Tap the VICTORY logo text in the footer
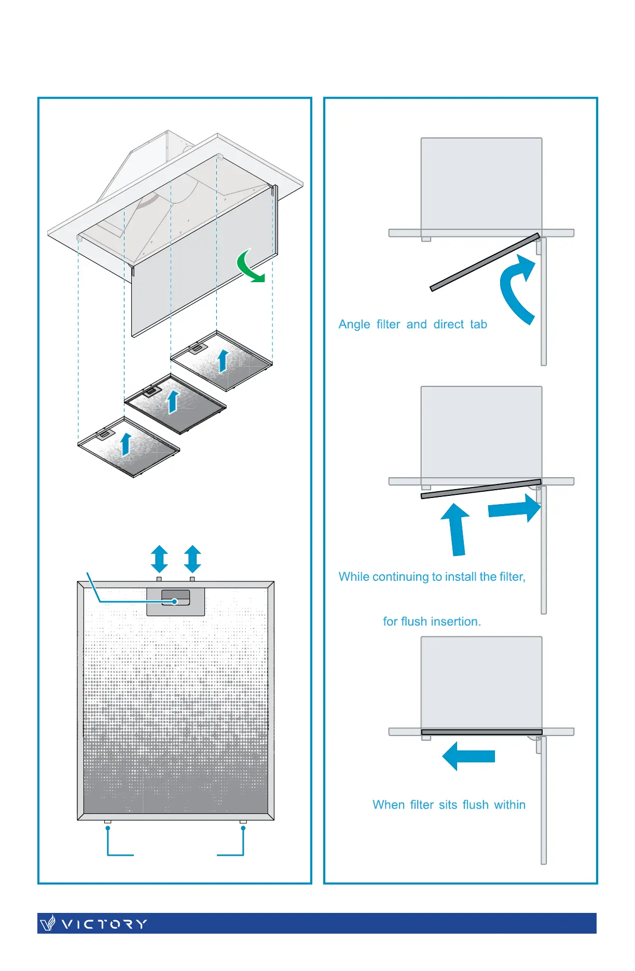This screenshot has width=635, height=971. [x=104, y=924]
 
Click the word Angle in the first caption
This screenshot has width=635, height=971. [x=354, y=325]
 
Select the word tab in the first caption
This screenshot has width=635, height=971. [x=478, y=325]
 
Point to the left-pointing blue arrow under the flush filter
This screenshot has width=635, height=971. [x=468, y=756]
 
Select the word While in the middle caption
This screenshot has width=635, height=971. [x=354, y=577]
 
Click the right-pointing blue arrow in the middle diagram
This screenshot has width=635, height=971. [x=514, y=508]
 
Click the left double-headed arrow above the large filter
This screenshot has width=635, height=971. [x=159, y=559]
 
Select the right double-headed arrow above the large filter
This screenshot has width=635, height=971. [x=192, y=559]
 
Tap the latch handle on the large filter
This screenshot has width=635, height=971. [x=175, y=598]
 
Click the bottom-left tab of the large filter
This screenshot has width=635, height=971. [x=107, y=822]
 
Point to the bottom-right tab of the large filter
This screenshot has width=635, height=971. [x=243, y=822]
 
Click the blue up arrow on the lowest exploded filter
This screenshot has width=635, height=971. [x=126, y=444]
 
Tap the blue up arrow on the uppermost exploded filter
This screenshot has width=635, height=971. [x=223, y=361]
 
